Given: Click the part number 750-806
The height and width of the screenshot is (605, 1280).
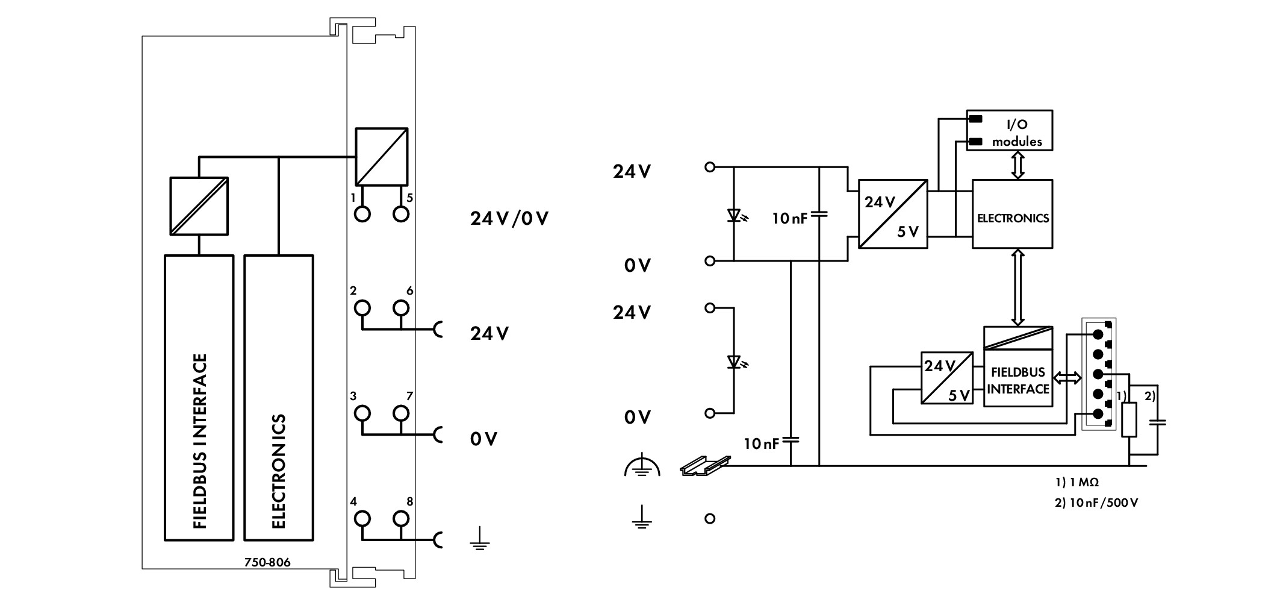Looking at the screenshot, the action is pos(267,563).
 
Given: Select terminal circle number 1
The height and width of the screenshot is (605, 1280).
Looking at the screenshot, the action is pos(362,214).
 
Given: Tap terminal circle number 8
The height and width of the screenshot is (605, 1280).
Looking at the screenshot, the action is pos(401,519).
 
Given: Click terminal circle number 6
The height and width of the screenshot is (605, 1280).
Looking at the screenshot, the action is pos(401,308).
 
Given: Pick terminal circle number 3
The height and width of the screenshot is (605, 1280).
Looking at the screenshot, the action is pos(362,413).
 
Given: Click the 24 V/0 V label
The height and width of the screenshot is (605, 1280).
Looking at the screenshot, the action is pos(509,218).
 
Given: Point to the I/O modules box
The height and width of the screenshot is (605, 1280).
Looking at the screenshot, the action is pos(1010,130).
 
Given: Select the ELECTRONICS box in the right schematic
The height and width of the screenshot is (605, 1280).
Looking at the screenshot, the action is pos(1013,214).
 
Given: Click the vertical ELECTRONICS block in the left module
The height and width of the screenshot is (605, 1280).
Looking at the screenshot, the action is pos(279,398).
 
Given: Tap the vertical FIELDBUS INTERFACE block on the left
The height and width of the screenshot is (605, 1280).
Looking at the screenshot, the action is pos(199,398).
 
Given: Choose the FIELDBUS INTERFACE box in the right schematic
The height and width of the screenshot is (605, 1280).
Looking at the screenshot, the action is pos(1018,366).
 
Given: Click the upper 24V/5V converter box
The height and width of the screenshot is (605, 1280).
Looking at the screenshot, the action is pos(893,214).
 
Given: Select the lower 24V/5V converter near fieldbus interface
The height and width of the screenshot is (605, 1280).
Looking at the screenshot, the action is pos(947,378).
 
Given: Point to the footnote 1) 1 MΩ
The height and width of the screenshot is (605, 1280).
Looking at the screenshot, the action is pos(1077,483).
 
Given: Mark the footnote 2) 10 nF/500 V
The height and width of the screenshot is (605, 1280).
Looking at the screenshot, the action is pos(1096,503).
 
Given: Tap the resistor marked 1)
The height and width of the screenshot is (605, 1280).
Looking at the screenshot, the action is pos(1129,420).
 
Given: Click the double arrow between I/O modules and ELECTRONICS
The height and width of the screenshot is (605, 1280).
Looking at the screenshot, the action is pos(1018,165).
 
